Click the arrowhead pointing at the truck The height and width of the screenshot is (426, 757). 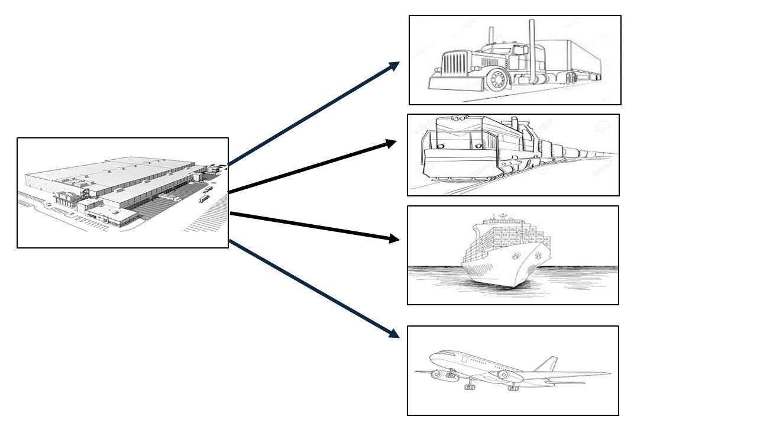click(x=394, y=66)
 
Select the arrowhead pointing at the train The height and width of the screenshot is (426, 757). click(x=391, y=143)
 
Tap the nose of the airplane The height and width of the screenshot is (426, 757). click(x=432, y=356)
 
